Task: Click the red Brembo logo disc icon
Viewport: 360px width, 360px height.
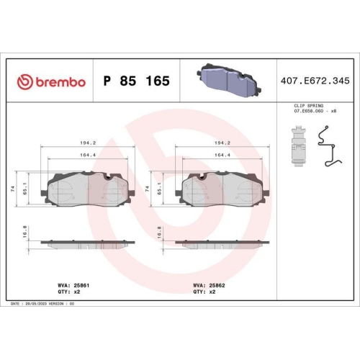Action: (x=25, y=82)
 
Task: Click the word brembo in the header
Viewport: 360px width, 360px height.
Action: (x=60, y=82)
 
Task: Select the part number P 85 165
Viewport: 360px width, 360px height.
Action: (x=137, y=81)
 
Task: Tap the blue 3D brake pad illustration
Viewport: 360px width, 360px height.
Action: (x=229, y=80)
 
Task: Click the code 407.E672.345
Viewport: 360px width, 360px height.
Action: (x=315, y=81)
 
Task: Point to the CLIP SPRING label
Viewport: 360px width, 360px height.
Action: (x=309, y=106)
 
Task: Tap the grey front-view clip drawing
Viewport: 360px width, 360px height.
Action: (x=299, y=146)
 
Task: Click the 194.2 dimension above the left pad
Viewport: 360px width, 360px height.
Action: (x=88, y=143)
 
